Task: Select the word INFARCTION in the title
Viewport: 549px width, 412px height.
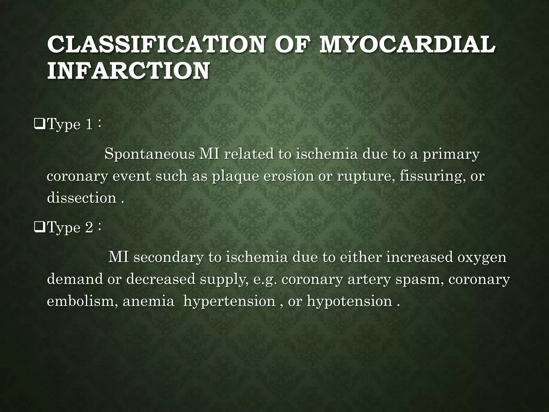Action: [x=128, y=71]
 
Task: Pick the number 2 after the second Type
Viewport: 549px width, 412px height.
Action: [x=89, y=228]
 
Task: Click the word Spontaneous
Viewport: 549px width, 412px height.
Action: [x=149, y=155]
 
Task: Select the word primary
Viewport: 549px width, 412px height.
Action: [x=451, y=155]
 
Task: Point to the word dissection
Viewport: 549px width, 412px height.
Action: [x=81, y=198]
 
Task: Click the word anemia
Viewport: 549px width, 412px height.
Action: [x=148, y=301]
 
